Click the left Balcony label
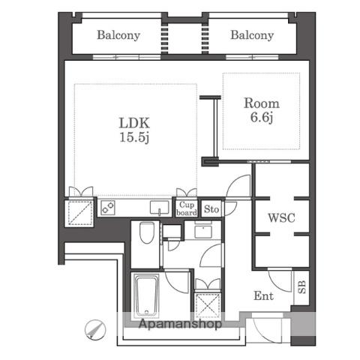coord(118,35)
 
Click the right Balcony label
coord(252,35)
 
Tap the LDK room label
coord(134,123)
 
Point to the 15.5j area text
coord(134,137)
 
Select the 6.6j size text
coord(262,117)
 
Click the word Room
coord(262,103)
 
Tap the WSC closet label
coord(281,217)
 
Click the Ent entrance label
coord(263,296)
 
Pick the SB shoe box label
coord(302,287)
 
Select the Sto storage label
coord(211,209)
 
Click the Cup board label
coord(187,208)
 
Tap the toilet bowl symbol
coord(147,233)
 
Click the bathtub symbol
coord(146,295)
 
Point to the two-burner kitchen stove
coord(108,208)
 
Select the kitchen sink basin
coord(160,208)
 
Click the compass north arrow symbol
coord(95,329)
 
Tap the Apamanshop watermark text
coord(180,324)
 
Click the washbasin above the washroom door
coord(203,232)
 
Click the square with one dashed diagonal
coord(79,212)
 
